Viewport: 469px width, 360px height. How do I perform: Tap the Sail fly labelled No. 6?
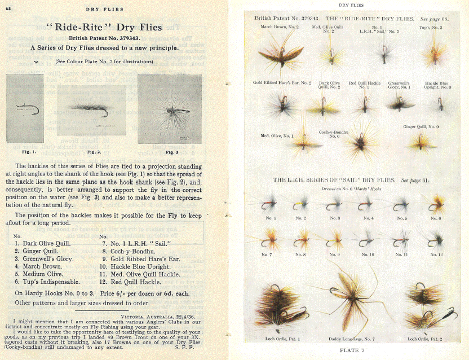click(x=435, y=204)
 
